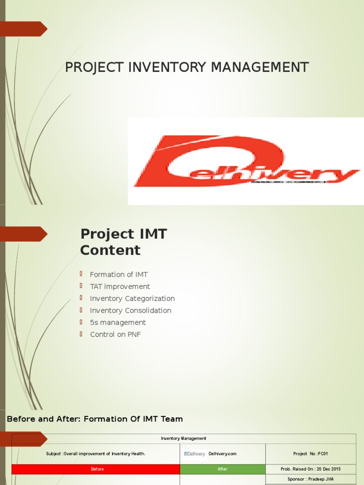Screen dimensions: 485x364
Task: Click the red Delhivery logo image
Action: tap(246, 161)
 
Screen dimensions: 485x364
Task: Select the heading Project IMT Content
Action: tap(123, 242)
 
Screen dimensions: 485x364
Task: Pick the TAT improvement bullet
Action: tap(120, 287)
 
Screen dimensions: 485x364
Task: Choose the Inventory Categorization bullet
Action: tap(132, 298)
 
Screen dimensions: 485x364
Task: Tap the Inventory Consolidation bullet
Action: tap(130, 310)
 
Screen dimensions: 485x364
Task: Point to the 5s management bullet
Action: tap(118, 322)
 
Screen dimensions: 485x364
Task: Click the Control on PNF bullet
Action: tap(115, 334)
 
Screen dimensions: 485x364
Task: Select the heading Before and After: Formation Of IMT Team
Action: tap(95, 419)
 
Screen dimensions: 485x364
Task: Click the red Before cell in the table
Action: tap(97, 469)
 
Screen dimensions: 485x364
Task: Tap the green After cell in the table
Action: tap(222, 469)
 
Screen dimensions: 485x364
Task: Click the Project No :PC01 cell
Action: tap(310, 454)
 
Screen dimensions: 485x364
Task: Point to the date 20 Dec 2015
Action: tap(325, 469)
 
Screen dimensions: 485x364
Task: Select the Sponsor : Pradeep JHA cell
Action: tap(310, 479)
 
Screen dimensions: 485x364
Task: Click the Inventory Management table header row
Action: tap(183, 439)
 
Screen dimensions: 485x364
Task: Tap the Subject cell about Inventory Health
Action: tap(96, 454)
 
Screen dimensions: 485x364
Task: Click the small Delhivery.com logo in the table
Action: tap(195, 454)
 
